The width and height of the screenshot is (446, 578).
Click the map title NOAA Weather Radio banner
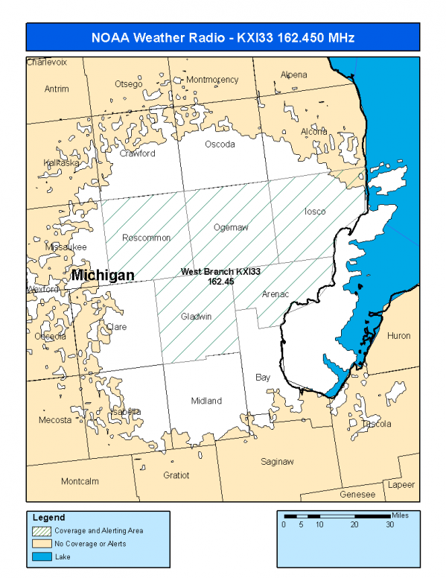click(223, 36)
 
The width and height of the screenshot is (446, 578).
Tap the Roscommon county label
click(147, 238)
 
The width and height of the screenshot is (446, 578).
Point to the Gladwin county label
click(197, 317)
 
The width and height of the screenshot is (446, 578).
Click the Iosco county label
click(315, 212)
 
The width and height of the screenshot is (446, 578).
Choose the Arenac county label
click(275, 294)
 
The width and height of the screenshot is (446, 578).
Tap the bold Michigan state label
click(103, 276)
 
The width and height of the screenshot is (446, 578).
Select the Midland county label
click(206, 401)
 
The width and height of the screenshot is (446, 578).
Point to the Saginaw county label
click(277, 462)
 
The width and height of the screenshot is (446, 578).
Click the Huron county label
click(398, 336)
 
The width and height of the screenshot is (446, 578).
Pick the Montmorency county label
click(212, 80)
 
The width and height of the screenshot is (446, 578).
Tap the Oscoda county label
click(220, 144)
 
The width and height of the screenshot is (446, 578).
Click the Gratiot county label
click(176, 474)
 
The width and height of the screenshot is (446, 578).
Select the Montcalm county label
click(80, 481)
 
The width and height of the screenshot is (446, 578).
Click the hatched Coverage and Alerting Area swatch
click(42, 531)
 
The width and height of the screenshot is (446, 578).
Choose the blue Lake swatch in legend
click(42, 556)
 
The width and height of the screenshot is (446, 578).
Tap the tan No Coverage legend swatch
click(42, 544)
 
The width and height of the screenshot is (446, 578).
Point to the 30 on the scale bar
click(389, 524)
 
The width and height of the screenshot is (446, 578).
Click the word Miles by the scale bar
click(401, 515)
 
